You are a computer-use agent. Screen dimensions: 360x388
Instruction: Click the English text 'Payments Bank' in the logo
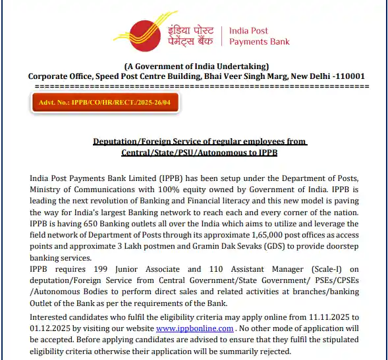pos(259,41)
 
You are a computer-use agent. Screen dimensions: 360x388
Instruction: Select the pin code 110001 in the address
pos(348,76)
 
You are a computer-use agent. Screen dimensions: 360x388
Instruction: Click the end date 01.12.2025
pos(51,328)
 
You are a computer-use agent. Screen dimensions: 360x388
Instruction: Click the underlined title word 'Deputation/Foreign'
pos(130,141)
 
